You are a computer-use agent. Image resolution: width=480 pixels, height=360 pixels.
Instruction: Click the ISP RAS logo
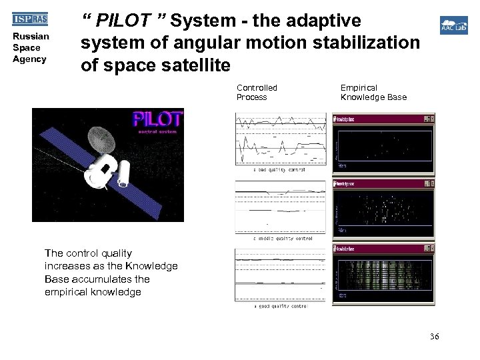30,19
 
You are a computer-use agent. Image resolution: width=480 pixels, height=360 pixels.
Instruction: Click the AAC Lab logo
453,26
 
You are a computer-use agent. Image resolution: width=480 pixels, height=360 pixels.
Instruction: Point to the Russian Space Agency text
30,48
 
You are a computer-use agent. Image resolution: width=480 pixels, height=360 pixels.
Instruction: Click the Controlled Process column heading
257,93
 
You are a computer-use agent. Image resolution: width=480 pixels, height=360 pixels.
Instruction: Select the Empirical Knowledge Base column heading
373,93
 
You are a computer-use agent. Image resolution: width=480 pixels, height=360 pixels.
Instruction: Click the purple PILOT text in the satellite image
157,120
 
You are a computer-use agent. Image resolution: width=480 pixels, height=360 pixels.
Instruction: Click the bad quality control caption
279,170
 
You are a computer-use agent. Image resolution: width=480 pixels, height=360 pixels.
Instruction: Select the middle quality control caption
283,238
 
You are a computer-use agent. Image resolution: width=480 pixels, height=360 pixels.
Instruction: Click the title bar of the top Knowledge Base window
380,119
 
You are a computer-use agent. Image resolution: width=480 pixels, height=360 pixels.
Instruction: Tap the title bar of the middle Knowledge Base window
380,183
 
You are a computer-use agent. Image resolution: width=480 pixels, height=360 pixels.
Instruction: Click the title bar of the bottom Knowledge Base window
380,249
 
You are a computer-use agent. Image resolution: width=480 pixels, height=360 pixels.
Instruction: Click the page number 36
434,337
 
